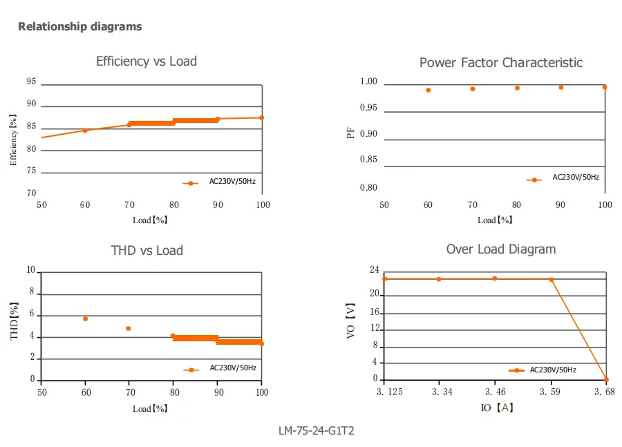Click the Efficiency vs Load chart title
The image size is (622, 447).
coord(147,61)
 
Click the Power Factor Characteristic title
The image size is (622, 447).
coord(501,63)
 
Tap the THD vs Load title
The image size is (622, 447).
coord(147,251)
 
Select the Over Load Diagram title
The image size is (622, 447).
coord(501,249)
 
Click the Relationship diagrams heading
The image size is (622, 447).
coord(80,26)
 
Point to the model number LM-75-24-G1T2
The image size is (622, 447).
coord(316,430)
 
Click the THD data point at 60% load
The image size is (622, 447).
coord(85,319)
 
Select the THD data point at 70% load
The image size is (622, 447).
coord(128,328)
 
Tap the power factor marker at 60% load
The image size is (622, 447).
coord(428,91)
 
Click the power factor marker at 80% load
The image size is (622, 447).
coord(517,88)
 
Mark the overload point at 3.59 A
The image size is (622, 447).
coord(552,280)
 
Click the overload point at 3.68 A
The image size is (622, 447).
coord(606,379)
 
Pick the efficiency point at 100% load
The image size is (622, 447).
coord(261,118)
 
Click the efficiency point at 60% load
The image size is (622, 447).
coord(85,131)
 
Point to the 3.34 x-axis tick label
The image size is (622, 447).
coord(442,392)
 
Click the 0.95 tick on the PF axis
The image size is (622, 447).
coord(368,108)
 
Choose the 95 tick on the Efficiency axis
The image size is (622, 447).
coord(31,82)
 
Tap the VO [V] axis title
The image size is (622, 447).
coord(350,321)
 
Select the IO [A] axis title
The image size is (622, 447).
coord(497,408)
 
